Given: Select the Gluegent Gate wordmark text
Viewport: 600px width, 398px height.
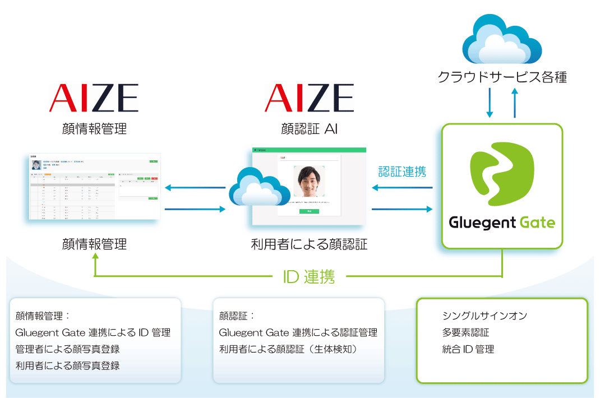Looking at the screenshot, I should click(x=502, y=223).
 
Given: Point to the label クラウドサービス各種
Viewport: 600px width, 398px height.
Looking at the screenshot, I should click(x=502, y=77).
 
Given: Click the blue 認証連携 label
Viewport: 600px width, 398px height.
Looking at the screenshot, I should click(x=402, y=172).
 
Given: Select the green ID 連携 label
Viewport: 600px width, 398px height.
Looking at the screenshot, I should click(x=309, y=276).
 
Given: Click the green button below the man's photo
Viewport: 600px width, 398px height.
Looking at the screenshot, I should click(x=309, y=211).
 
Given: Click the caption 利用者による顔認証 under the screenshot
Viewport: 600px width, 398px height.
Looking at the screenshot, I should click(x=309, y=244).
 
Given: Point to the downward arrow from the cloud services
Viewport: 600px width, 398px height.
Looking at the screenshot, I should click(x=490, y=104).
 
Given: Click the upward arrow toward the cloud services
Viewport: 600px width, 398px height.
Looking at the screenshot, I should click(x=514, y=104).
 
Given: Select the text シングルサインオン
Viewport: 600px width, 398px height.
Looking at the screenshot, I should click(x=484, y=316).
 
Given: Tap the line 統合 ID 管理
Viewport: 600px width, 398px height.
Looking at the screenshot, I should click(x=468, y=349).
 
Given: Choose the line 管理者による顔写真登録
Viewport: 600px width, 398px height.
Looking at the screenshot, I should click(x=67, y=349).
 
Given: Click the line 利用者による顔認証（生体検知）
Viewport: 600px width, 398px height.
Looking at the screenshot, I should click(x=289, y=349).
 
